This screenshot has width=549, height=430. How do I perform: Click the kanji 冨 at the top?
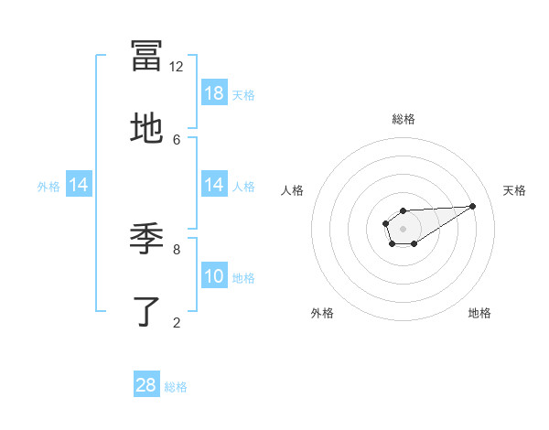click(146, 55)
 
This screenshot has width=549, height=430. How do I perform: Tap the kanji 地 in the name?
click(146, 128)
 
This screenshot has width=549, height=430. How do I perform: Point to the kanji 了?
click(146, 311)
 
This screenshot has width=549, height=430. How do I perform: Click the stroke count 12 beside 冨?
click(177, 66)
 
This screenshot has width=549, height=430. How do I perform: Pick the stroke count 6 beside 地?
click(177, 139)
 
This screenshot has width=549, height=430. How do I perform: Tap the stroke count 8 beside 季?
click(177, 248)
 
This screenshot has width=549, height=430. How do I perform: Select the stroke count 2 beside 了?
click(177, 321)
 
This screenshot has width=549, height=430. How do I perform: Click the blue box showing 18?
click(214, 93)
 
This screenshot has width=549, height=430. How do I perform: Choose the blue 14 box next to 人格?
click(214, 185)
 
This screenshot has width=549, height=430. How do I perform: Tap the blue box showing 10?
click(214, 276)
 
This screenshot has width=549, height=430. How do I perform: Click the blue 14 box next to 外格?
click(79, 185)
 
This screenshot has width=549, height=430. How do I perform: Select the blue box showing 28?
click(146, 385)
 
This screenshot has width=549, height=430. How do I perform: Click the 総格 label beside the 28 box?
click(176, 387)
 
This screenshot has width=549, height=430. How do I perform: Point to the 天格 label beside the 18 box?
click(243, 95)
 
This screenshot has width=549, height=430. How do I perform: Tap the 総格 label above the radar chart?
click(403, 119)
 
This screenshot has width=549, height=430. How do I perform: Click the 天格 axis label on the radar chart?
click(514, 190)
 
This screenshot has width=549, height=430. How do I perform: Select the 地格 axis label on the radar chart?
click(479, 313)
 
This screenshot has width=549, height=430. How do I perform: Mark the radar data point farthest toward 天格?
click(473, 206)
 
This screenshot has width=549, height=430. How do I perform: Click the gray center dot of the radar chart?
click(403, 228)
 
